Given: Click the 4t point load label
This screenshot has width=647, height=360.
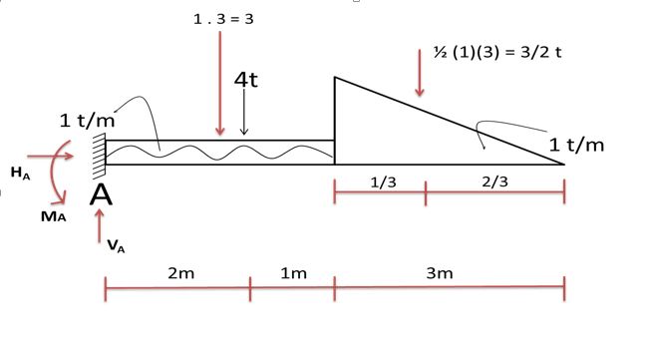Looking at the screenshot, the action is [x=246, y=79].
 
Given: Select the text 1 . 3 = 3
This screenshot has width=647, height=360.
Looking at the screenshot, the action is [x=223, y=19].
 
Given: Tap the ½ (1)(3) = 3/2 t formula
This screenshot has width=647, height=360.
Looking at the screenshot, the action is [x=497, y=53].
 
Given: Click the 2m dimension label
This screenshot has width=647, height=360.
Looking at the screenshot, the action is [x=181, y=273].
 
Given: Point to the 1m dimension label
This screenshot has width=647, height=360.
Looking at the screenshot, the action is [x=293, y=273].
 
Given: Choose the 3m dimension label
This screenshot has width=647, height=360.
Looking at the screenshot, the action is [x=440, y=273].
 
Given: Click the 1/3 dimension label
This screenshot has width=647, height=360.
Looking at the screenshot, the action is [x=384, y=182].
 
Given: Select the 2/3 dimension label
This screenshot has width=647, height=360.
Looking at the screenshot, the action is [x=494, y=181].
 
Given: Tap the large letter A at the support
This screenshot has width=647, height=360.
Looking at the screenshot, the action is [x=101, y=194].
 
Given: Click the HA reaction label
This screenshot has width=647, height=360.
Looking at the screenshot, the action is [x=20, y=173].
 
